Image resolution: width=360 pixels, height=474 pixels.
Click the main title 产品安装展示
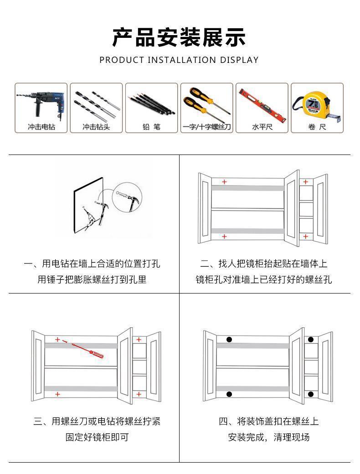click(x=179, y=37)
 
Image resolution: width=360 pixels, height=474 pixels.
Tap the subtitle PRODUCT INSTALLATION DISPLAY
click(x=179, y=60)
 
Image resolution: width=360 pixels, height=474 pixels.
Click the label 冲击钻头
click(x=96, y=127)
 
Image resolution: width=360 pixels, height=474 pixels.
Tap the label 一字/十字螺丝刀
click(x=206, y=127)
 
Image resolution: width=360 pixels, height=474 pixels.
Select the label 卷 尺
click(x=317, y=127)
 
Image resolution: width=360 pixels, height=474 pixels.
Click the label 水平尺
click(x=262, y=127)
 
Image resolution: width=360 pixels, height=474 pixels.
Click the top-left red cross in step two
click(x=224, y=181)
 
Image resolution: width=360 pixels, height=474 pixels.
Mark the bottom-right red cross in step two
click(x=305, y=237)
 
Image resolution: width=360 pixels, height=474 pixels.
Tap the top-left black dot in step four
click(x=229, y=340)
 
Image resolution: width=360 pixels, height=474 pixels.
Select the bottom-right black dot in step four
click(x=311, y=394)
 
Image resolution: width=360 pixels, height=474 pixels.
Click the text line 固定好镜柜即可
click(x=97, y=437)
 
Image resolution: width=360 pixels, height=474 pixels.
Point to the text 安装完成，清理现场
click(x=269, y=437)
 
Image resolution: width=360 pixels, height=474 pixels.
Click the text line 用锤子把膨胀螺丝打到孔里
click(x=92, y=279)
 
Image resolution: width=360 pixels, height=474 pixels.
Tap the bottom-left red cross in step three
click(x=57, y=394)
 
